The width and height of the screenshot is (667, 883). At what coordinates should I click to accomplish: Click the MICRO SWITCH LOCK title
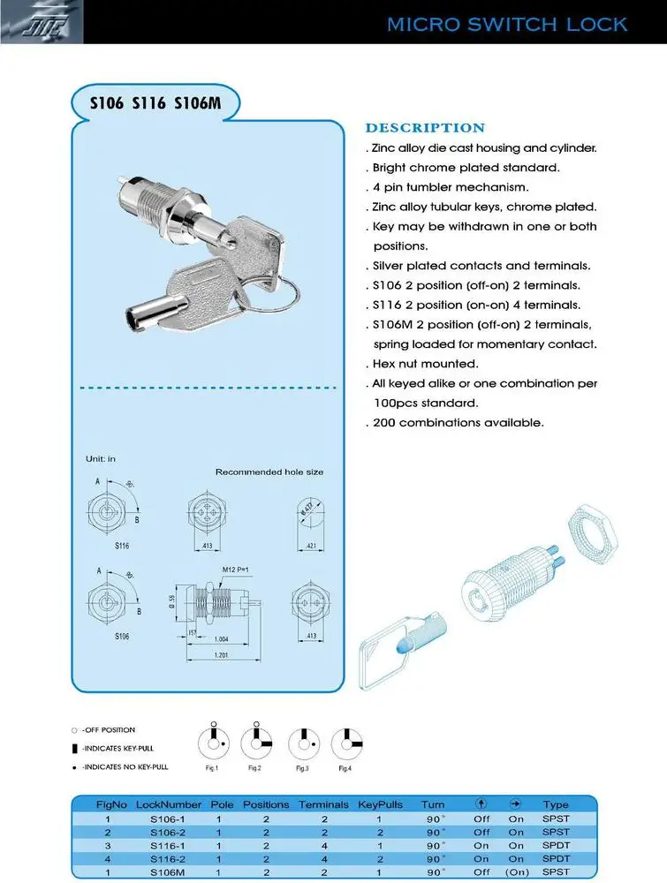point(507,24)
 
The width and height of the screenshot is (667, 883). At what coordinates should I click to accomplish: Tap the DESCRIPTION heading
point(425,128)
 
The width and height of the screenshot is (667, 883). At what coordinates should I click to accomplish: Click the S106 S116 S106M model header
point(155,103)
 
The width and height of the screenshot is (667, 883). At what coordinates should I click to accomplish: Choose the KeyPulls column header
point(380,804)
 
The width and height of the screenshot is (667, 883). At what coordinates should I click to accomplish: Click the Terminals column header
point(323,804)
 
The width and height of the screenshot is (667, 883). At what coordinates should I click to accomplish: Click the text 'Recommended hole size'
point(269,472)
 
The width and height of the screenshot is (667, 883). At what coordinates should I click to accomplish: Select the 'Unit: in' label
point(100,459)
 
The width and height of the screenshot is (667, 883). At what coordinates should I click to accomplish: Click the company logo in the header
point(41,21)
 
